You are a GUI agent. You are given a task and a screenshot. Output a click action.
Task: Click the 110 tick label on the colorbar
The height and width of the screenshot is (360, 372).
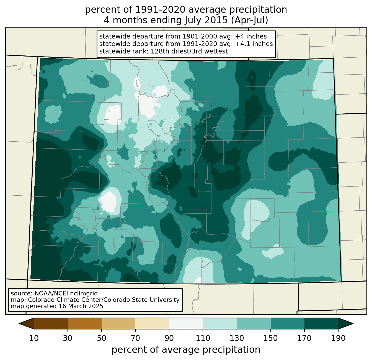click(203, 338)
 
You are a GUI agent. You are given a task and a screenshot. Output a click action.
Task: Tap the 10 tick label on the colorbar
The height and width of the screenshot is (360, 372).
click(34, 338)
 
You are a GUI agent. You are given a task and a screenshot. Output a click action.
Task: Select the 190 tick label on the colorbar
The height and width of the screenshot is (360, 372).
click(338, 338)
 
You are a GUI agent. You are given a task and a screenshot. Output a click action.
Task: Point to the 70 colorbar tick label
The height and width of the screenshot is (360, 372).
click(135, 338)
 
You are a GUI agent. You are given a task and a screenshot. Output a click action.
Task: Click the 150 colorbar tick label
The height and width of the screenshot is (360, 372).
click(270, 338)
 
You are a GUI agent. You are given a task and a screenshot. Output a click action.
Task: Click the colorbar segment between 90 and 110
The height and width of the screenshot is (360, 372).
click(186, 323)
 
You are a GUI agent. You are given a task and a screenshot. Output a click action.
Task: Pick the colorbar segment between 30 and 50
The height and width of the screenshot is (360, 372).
click(85, 323)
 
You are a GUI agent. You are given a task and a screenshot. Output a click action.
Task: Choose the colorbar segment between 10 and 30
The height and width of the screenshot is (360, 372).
click(51, 323)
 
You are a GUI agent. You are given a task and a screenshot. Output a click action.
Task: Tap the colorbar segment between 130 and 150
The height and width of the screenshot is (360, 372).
click(254, 323)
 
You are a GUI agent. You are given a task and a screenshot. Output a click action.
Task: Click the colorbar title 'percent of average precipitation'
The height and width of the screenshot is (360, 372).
click(186, 349)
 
